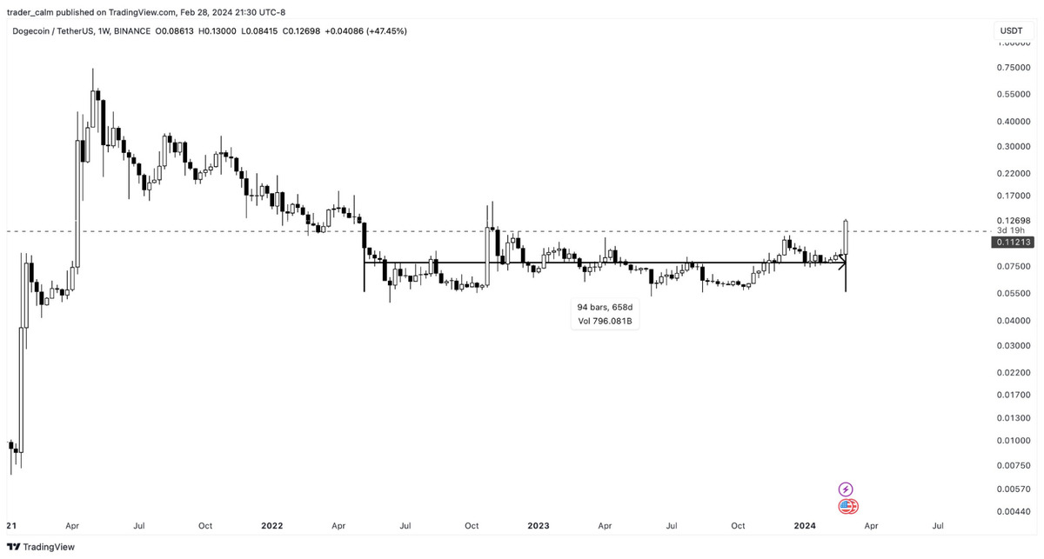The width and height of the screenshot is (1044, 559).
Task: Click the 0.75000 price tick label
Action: coord(1013,68)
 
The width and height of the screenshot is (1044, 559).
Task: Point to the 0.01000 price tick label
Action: coord(1013,441)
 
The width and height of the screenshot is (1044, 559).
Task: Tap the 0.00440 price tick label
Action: coord(1013,511)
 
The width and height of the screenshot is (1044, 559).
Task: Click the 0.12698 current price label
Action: coord(1013,221)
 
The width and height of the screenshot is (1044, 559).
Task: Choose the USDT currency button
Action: coord(1012,30)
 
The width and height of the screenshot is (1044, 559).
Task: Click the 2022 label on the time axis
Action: coord(272,526)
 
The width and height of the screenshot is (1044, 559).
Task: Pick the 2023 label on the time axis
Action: coord(539,526)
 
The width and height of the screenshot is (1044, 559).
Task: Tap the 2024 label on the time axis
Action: coord(805,526)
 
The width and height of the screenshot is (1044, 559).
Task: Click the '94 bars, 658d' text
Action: coord(606,308)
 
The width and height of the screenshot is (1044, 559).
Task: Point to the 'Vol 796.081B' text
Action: coord(606,322)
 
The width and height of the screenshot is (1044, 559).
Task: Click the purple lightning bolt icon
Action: coord(846,489)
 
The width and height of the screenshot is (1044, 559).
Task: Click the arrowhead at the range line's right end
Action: coord(842,262)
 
